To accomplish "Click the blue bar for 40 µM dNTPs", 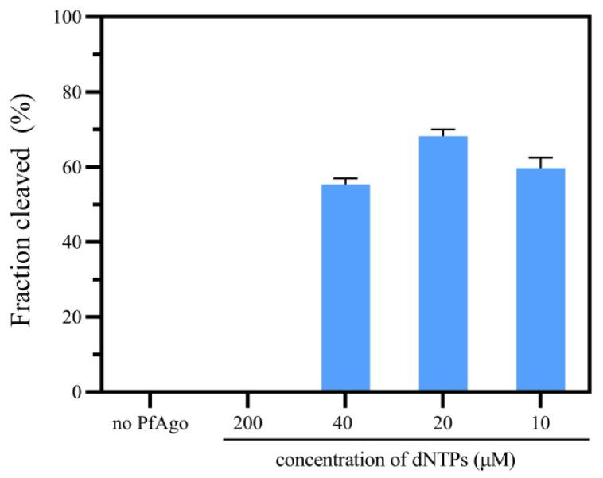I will [x=345, y=288].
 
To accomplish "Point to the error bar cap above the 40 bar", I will [x=345, y=178].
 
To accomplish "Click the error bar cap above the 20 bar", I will [x=443, y=129].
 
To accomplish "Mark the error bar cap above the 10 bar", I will [x=540, y=157].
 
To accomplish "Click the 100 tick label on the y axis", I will [x=68, y=17].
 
